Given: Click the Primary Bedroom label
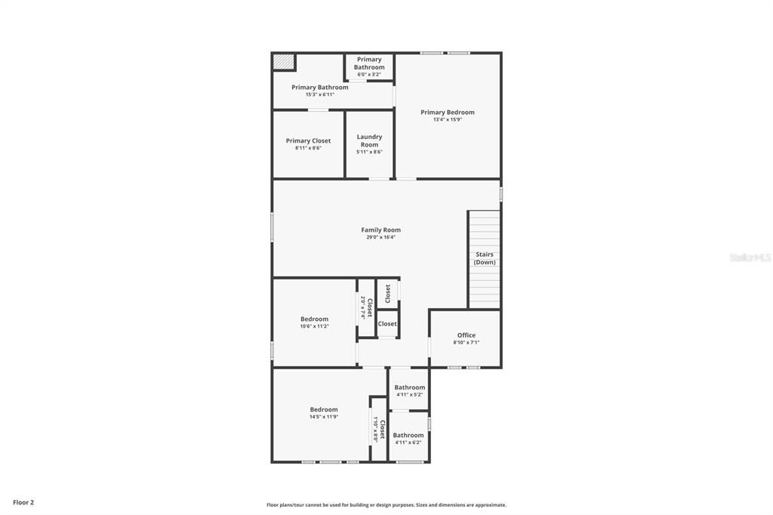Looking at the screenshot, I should coord(448,113).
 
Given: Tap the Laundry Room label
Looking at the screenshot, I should coord(369,140).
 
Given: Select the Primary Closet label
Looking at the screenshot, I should coord(308,140).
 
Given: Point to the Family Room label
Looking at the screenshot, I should coord(380,230).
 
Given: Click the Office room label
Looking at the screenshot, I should coord(467,335).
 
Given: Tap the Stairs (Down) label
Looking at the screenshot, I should coord(485,258).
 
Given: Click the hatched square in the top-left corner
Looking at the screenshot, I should coord(284,62).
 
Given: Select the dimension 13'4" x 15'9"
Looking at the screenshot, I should coord(448,119).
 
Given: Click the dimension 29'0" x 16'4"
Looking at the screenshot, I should coord(380,237).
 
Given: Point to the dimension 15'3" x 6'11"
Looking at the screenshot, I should coord(320,94).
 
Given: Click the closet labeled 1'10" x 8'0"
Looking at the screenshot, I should coord(379,430).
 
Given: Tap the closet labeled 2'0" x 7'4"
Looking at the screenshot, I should coord(366,307).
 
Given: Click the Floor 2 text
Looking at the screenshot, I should coord(23,502).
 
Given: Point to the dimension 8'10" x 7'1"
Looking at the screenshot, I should coord(467,342).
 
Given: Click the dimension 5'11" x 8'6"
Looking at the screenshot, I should coord(369,152).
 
